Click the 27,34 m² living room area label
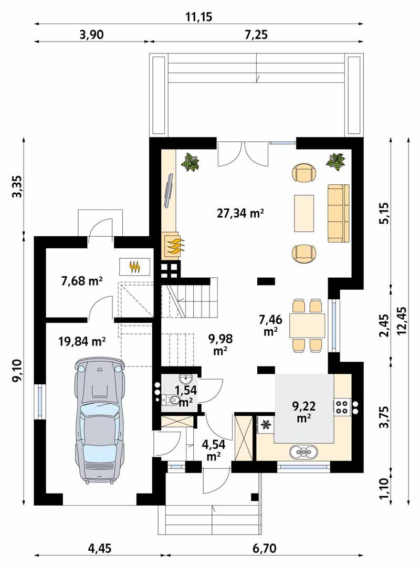(240, 213)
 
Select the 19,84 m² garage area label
(82, 341)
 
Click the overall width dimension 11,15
(198, 17)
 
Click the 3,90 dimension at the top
(91, 34)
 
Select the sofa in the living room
(339, 213)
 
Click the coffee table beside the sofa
(304, 213)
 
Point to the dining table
(307, 325)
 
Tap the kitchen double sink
(304, 451)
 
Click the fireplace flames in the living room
(175, 246)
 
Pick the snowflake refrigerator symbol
(266, 425)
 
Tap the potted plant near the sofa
(335, 161)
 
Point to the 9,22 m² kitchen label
(304, 411)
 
